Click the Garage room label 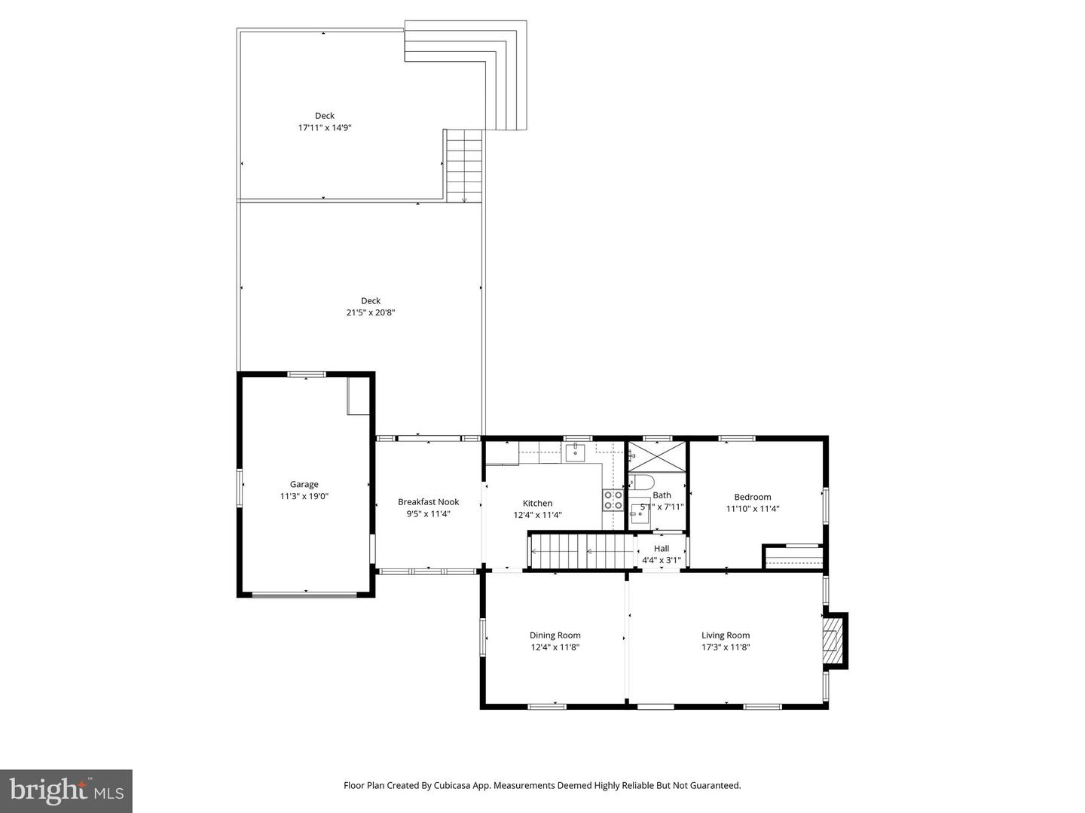(x=304, y=484)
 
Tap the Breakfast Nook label (x=428, y=502)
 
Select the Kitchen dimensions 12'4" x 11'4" (x=538, y=516)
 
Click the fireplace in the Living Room (x=833, y=640)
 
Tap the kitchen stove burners (x=613, y=500)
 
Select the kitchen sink (x=576, y=452)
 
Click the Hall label (x=662, y=549)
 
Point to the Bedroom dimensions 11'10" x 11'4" (x=753, y=509)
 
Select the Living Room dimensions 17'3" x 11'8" (x=726, y=647)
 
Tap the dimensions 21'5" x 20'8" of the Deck (x=371, y=312)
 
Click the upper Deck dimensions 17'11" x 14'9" (x=325, y=128)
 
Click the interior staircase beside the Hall (x=582, y=551)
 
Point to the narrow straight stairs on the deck (x=464, y=166)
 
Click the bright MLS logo (x=66, y=790)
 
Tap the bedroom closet (x=793, y=557)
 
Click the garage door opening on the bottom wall (x=304, y=595)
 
